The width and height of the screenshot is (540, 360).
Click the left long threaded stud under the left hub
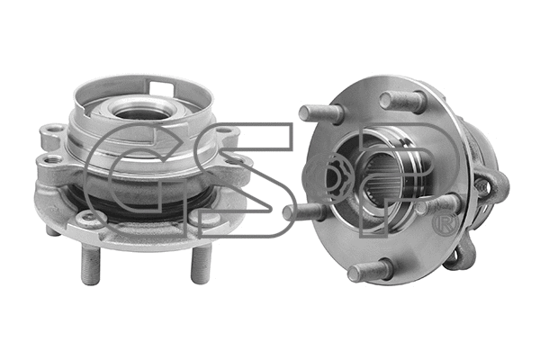click(x=90, y=265)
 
